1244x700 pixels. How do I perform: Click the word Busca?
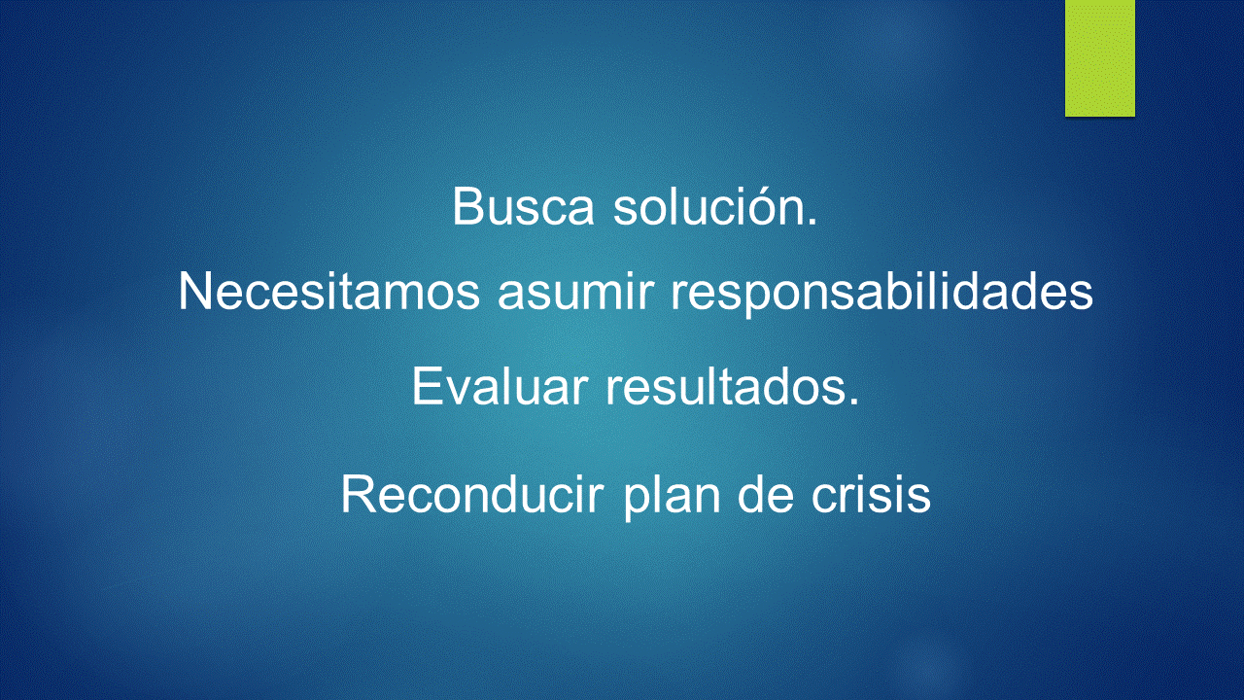tap(523, 207)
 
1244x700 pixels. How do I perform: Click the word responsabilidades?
tap(881, 295)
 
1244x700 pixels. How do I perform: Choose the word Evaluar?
tap(500, 386)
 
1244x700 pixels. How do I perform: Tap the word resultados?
tap(732, 386)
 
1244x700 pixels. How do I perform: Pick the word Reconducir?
tap(472, 494)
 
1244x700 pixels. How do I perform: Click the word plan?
tap(672, 497)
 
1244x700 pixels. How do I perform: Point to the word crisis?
tap(871, 494)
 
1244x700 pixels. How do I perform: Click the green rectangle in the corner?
tap(1099, 57)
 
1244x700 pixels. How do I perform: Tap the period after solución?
tap(812, 222)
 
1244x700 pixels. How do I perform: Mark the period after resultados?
tap(853, 402)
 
